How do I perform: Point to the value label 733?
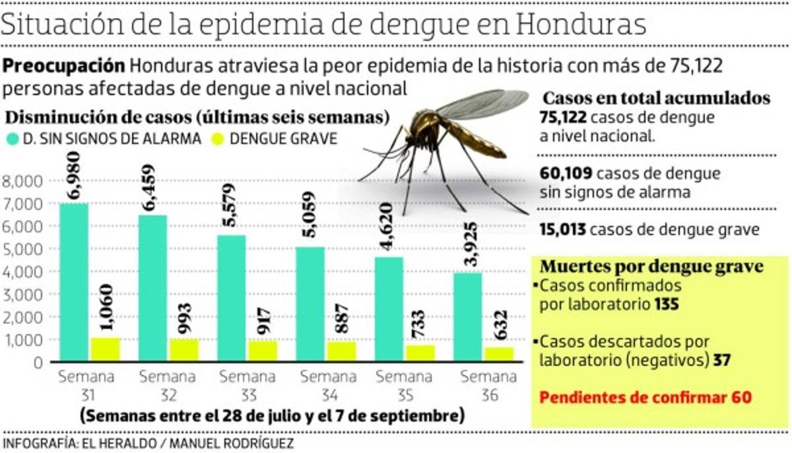[420, 324]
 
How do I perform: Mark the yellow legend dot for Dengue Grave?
[217, 139]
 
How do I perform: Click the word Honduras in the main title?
[581, 24]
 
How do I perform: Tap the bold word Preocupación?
[65, 67]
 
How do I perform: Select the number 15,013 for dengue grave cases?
[563, 230]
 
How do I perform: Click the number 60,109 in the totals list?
[563, 174]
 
